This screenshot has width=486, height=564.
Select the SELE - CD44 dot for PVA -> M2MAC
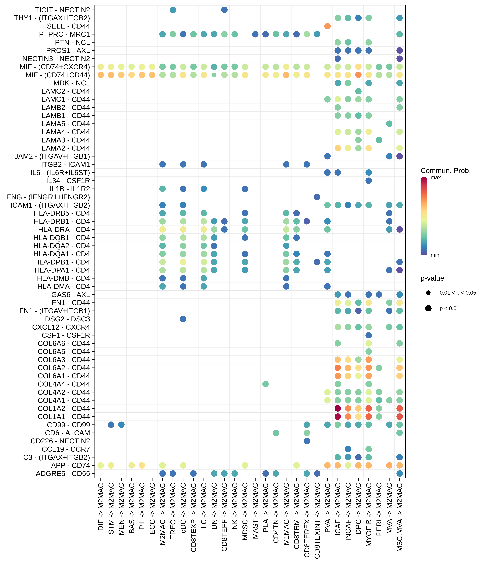(327, 26)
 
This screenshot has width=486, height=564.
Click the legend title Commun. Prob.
(445, 171)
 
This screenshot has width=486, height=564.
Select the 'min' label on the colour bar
(435, 255)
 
